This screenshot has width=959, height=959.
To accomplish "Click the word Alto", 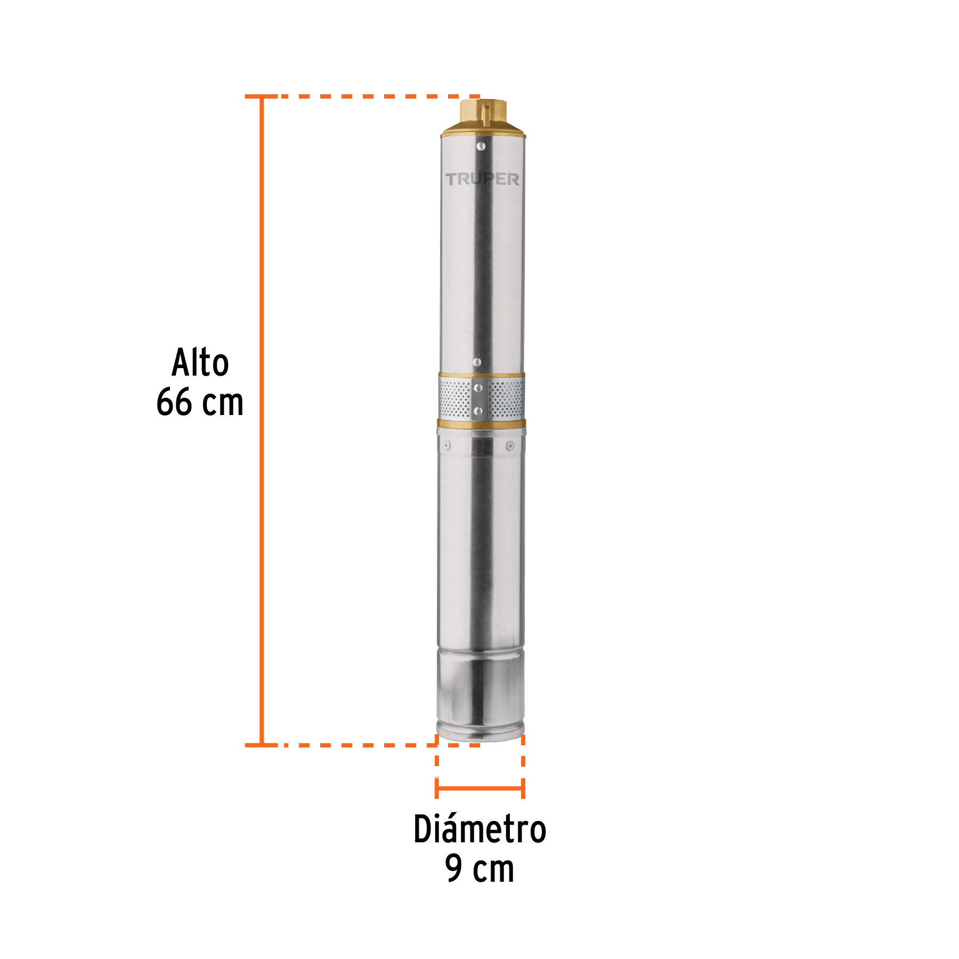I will click(x=200, y=362).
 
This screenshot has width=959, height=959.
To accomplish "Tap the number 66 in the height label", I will click(x=174, y=402).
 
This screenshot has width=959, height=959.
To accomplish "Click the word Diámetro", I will click(x=479, y=830).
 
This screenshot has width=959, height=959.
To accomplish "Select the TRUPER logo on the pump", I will click(x=482, y=179).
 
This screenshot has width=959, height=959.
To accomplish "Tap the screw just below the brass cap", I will click(x=481, y=145).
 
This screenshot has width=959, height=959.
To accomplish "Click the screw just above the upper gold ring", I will click(x=477, y=362).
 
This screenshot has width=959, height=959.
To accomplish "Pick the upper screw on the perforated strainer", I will click(x=478, y=388).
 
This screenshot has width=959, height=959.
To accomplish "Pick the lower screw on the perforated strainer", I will click(x=478, y=411).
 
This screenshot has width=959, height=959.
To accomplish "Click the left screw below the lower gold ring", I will click(x=447, y=445).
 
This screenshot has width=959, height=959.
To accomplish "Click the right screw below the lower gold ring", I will click(x=510, y=445).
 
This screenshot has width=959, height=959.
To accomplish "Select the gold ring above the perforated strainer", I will click(x=481, y=376).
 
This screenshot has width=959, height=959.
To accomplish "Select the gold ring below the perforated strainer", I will click(x=481, y=424).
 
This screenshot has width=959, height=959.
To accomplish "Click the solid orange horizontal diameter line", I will click(x=479, y=788).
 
